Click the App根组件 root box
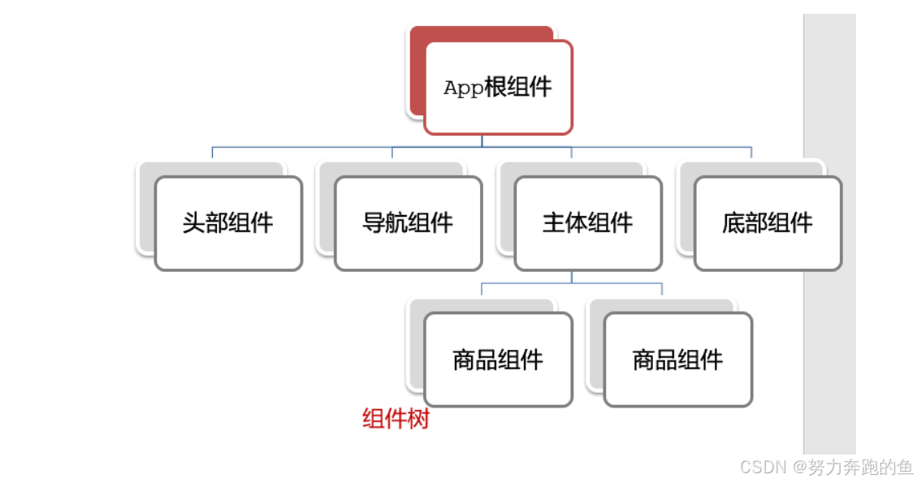(x=497, y=88)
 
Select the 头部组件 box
(x=227, y=223)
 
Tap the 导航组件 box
(x=408, y=223)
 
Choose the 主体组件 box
(x=587, y=223)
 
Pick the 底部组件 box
(x=768, y=223)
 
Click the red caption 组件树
(x=395, y=420)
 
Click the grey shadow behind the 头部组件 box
(x=211, y=168)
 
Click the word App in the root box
(x=463, y=88)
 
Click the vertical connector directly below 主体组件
(x=571, y=277)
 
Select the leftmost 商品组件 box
(x=497, y=360)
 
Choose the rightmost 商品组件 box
(x=677, y=360)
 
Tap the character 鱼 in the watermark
(x=905, y=467)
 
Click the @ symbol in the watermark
(x=800, y=467)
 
